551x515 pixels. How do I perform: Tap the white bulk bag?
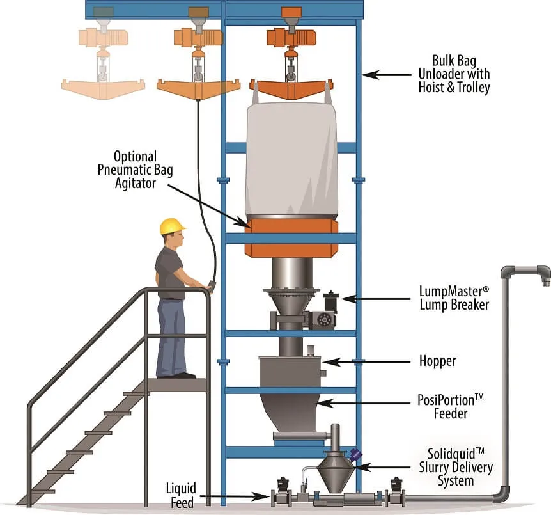point(291,160)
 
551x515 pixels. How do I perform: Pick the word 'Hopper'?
point(438,361)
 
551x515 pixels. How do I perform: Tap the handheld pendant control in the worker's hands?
point(210,286)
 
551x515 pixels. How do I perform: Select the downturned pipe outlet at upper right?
point(543,276)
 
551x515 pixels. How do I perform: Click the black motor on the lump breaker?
point(330,302)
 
